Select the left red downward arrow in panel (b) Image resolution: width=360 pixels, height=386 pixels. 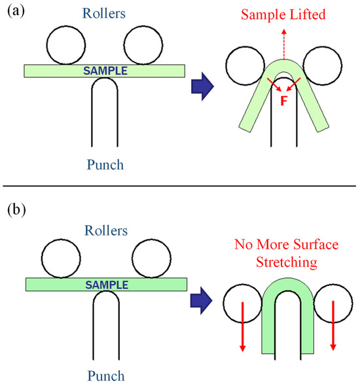[x=242, y=326]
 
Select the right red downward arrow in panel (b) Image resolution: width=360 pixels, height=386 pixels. [x=334, y=326]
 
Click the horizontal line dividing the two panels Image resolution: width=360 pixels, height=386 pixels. [x=180, y=187]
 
